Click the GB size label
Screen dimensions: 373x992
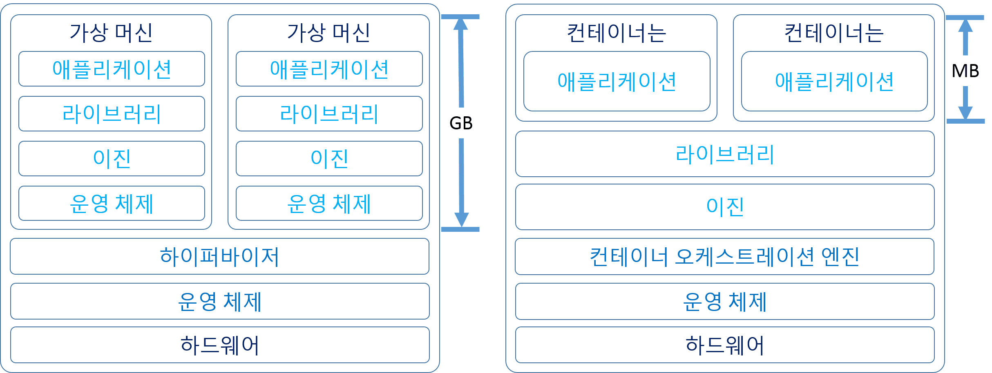[461, 123]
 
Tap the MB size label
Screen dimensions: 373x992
[965, 71]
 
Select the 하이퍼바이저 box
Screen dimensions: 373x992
[220, 256]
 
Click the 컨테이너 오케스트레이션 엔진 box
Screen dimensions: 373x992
[724, 257]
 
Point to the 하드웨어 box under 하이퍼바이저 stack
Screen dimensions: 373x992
[220, 345]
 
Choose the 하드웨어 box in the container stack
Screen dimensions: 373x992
[724, 345]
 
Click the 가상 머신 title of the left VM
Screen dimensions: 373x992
[111, 33]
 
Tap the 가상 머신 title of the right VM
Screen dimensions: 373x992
[328, 33]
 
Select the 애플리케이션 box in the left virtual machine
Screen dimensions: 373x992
[112, 69]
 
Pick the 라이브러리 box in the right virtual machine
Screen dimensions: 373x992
[329, 114]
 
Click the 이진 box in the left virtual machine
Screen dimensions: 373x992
[112, 158]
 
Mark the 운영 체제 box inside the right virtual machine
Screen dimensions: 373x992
[329, 203]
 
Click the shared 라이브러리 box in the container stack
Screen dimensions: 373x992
[724, 154]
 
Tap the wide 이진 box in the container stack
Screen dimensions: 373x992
[724, 206]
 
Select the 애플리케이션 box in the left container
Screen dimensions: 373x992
[617, 81]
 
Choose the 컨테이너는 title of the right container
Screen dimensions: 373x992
[833, 33]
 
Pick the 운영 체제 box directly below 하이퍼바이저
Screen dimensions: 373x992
[220, 301]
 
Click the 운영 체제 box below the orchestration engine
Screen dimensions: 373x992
[724, 301]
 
